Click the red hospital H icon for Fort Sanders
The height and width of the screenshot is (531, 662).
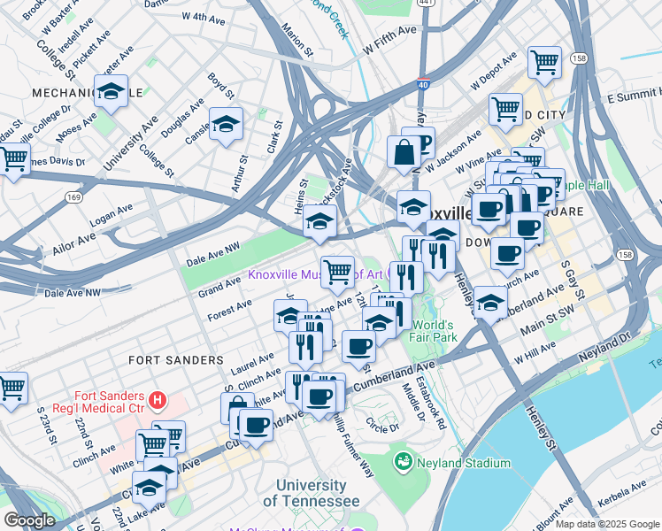pos(158,400)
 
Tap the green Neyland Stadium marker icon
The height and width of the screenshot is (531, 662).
pos(404,462)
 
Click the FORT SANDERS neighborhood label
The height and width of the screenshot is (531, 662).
pos(175,360)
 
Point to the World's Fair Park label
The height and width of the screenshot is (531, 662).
pos(432,331)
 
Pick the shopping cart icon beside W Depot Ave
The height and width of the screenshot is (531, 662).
pos(543,63)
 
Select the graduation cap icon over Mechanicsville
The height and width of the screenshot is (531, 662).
pos(112,91)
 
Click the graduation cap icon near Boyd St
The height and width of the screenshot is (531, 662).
pos(226,125)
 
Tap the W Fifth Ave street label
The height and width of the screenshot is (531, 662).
pos(386,33)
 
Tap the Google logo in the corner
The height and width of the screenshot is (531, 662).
pos(29,520)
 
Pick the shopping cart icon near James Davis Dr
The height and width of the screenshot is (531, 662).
pos(13,161)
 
